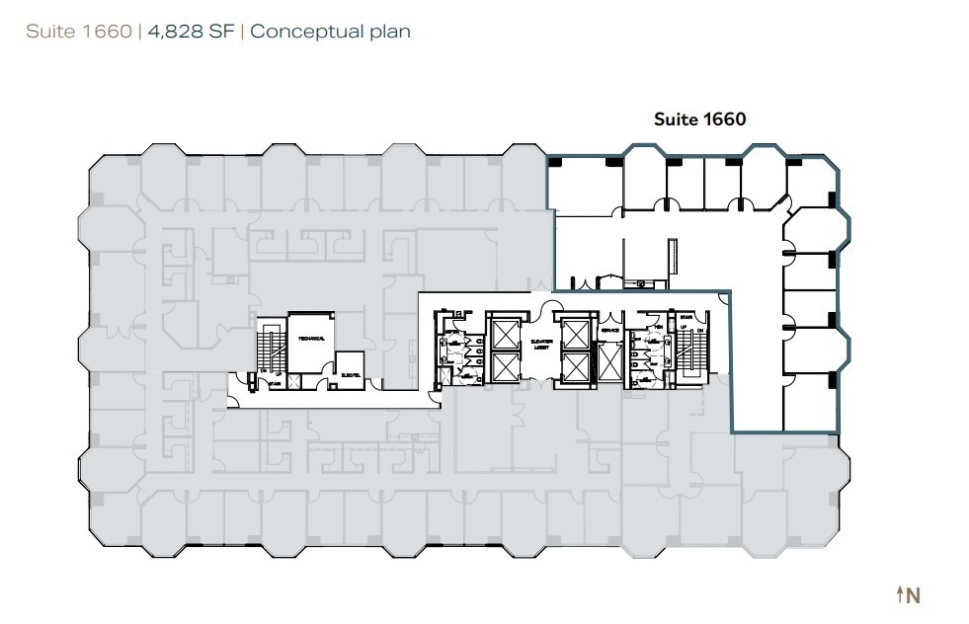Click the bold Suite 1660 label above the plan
point(699,119)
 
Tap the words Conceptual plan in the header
point(330,32)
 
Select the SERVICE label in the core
point(609,331)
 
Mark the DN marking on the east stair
point(699,331)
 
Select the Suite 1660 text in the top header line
point(79,32)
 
